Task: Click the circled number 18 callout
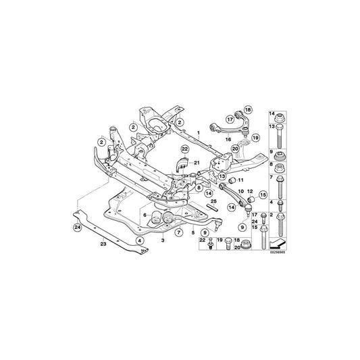247,109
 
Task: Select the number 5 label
192,233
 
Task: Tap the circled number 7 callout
179,232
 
